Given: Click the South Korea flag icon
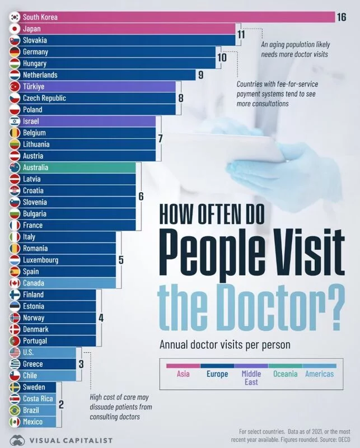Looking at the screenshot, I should click(15, 17).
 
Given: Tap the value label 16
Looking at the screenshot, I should click(342, 17).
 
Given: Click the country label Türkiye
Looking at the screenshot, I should click(34, 87).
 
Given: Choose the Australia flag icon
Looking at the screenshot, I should click(15, 167).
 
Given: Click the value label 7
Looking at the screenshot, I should click(161, 138).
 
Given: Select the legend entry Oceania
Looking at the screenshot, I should click(285, 374).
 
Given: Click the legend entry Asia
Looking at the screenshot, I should click(183, 374).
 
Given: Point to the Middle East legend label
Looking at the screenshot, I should click(251, 378).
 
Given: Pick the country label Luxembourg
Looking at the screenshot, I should click(40, 260).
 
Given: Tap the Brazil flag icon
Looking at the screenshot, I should click(15, 410).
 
